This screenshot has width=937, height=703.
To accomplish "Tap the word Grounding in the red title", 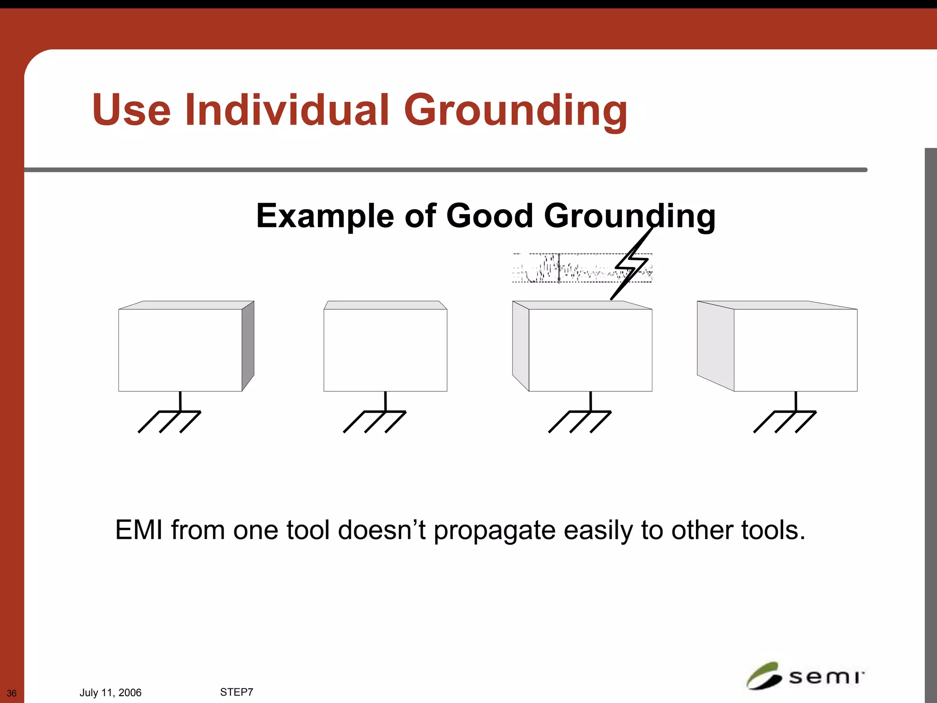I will click(x=515, y=111).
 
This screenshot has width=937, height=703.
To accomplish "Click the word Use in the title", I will click(x=131, y=110).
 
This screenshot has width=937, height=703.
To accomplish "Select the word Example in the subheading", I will click(x=325, y=216).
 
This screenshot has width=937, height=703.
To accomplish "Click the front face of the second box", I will click(x=385, y=350).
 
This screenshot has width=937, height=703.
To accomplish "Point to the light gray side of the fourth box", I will click(x=715, y=346).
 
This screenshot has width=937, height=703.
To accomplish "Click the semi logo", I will click(x=805, y=676).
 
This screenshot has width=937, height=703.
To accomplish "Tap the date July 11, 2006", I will click(x=110, y=692).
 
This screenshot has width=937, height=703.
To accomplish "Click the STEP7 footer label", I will click(x=237, y=692).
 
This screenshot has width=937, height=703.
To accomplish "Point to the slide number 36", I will click(x=11, y=693).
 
